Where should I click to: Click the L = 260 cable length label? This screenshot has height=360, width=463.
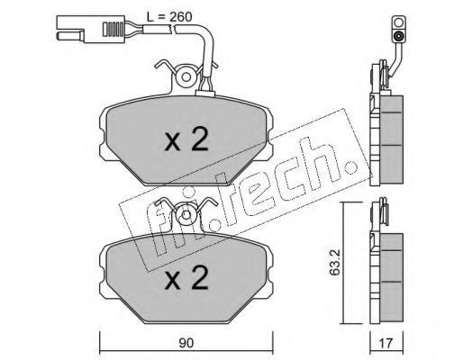[x=169, y=17]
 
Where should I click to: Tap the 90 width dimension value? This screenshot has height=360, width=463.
[x=186, y=343]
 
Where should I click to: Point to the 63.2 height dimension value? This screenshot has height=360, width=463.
[x=334, y=261]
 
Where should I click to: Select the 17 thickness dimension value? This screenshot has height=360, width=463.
[x=386, y=343]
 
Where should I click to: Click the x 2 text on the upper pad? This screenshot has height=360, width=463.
[x=186, y=141]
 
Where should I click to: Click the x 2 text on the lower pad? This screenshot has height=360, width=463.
[x=186, y=278]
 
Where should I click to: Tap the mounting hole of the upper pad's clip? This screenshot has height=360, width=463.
[x=186, y=77]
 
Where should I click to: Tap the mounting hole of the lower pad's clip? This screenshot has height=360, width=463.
[x=186, y=215]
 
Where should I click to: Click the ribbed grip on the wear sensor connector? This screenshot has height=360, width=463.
[x=113, y=29]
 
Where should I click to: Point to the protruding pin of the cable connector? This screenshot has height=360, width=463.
[x=70, y=35]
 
